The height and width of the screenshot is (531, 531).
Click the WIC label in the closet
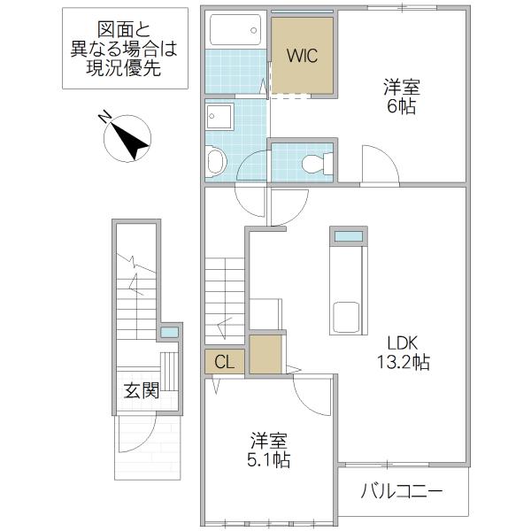point(302,56)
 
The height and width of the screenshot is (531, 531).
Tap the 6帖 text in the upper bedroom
point(402,107)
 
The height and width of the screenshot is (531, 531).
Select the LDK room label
point(403,343)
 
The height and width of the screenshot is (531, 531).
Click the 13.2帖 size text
point(404,362)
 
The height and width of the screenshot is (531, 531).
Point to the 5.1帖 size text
point(269,460)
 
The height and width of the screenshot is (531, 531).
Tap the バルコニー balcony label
point(402,491)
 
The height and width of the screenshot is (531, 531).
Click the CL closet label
point(224,362)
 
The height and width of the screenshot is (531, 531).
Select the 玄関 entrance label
point(142,391)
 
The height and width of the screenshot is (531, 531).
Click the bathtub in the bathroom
point(235,30)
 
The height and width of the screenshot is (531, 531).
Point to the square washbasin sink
point(219,117)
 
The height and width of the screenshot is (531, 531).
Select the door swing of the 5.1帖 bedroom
point(312,396)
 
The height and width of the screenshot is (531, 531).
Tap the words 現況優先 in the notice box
point(124,68)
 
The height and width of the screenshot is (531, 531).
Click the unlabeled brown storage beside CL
point(265,354)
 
